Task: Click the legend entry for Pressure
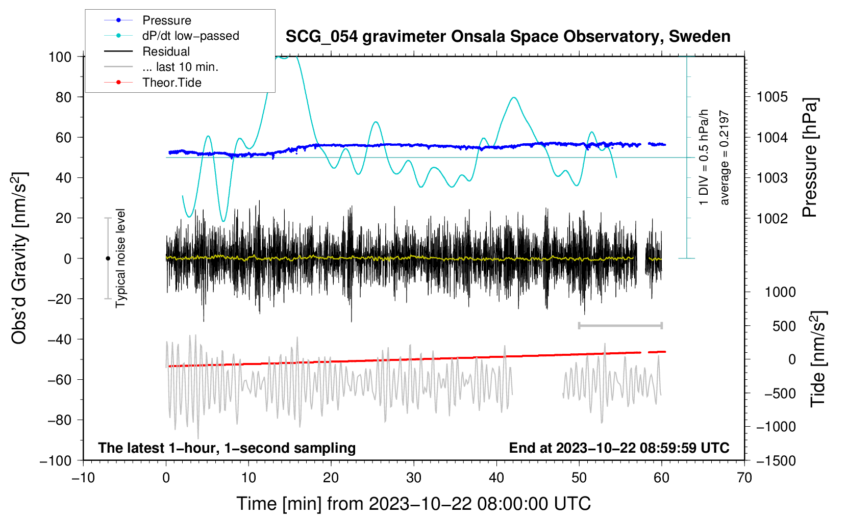147,20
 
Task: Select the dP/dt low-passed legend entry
171,36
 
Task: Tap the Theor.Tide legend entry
153,83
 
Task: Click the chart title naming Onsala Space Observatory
508,37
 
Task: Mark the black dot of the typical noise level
108,258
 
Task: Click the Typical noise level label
120,258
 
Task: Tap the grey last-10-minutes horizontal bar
620,326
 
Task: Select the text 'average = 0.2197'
724,158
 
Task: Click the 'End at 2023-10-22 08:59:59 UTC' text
619,448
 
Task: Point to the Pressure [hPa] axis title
810,157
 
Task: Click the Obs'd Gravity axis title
19,258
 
